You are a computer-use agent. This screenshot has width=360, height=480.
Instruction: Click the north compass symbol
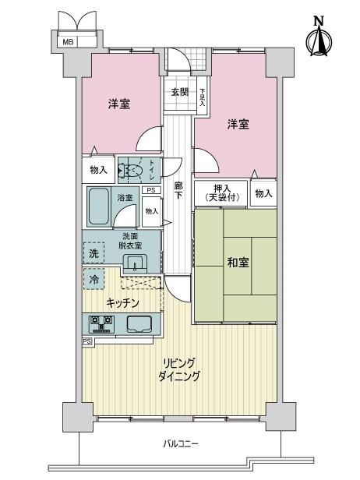click(319, 37)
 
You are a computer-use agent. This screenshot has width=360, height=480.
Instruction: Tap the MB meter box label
click(68, 42)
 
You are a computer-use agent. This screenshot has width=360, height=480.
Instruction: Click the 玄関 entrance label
click(180, 92)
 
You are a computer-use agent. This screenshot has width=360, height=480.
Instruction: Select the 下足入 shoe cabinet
click(202, 96)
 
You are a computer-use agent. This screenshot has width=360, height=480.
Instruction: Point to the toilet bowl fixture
click(130, 170)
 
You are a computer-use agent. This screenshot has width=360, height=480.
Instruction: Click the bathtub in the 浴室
click(99, 206)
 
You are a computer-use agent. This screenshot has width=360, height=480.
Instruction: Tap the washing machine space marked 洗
click(94, 252)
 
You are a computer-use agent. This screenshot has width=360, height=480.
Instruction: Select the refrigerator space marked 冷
click(94, 279)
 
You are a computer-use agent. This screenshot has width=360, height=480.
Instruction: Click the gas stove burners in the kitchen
click(101, 324)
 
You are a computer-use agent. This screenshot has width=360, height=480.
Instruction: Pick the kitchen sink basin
click(139, 323)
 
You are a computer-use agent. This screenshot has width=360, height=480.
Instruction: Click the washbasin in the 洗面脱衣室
click(135, 263)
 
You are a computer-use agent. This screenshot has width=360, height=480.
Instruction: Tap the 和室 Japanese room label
click(238, 263)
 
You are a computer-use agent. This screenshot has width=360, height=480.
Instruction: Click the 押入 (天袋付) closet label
click(221, 193)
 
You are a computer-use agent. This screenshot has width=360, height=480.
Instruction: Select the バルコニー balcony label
click(181, 443)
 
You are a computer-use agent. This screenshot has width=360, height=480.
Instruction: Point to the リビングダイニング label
click(178, 370)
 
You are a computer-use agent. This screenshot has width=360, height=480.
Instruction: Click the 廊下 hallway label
click(178, 190)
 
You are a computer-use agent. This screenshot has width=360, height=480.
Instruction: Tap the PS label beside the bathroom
click(151, 190)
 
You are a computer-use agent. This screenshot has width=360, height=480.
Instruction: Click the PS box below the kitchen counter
click(87, 341)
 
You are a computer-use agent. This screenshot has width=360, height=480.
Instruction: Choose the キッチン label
click(122, 303)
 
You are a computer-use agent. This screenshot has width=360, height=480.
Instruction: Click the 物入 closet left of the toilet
click(98, 170)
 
